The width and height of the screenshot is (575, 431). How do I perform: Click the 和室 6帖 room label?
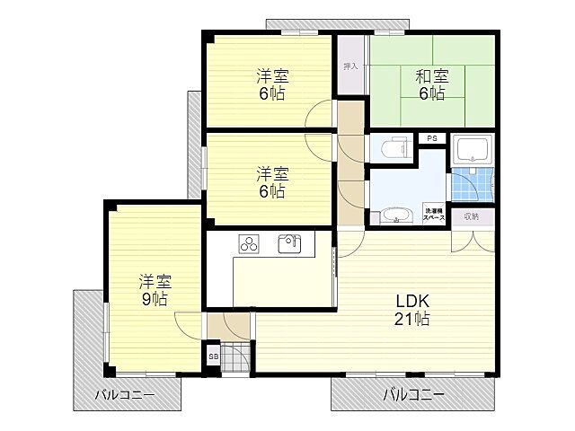[x=431, y=84]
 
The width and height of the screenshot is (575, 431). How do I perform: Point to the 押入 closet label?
[x=350, y=66]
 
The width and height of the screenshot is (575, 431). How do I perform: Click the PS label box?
[x=432, y=138]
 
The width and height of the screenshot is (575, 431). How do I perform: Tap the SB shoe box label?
[x=213, y=356]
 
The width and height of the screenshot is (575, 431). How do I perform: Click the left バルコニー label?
[x=126, y=394]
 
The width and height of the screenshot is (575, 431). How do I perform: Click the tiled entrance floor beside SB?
[x=234, y=357]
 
